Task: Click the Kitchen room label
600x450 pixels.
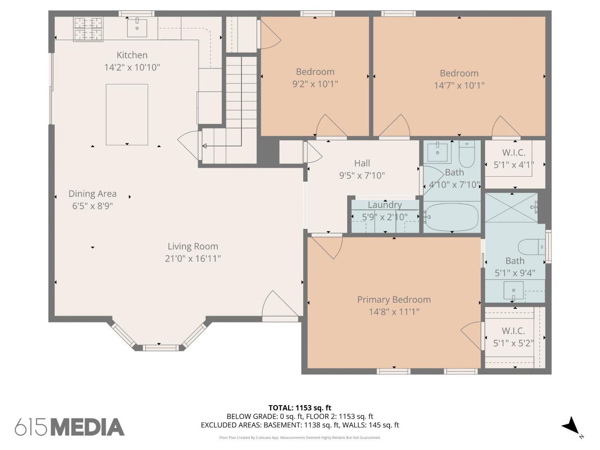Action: pyautogui.click(x=132, y=55)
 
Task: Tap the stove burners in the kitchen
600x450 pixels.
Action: pyautogui.click(x=88, y=29)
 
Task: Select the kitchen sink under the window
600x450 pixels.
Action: pyautogui.click(x=137, y=28)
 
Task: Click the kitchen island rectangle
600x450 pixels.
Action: pyautogui.click(x=127, y=114)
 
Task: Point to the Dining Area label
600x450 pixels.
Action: pyautogui.click(x=92, y=194)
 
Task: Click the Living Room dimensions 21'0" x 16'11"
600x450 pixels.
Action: pyautogui.click(x=193, y=258)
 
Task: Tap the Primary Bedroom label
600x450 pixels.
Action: pyautogui.click(x=394, y=300)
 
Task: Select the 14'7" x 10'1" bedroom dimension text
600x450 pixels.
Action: pyautogui.click(x=459, y=86)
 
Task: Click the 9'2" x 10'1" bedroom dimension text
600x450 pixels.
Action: pyautogui.click(x=315, y=84)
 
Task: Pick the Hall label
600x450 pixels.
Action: pyautogui.click(x=362, y=163)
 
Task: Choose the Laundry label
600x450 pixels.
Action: pyautogui.click(x=385, y=205)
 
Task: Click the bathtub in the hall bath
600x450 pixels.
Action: pyautogui.click(x=452, y=217)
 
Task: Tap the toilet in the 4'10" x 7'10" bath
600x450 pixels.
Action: pyautogui.click(x=467, y=154)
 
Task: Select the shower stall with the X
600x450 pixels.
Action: pyautogui.click(x=512, y=208)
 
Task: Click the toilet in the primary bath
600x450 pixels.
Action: pyautogui.click(x=532, y=247)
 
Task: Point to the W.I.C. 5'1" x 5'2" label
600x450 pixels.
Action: pyautogui.click(x=513, y=337)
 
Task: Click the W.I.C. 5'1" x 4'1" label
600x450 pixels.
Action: pyautogui.click(x=514, y=159)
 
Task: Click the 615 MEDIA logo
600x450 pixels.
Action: pyautogui.click(x=70, y=427)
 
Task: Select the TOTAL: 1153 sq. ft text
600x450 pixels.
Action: pyautogui.click(x=300, y=408)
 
